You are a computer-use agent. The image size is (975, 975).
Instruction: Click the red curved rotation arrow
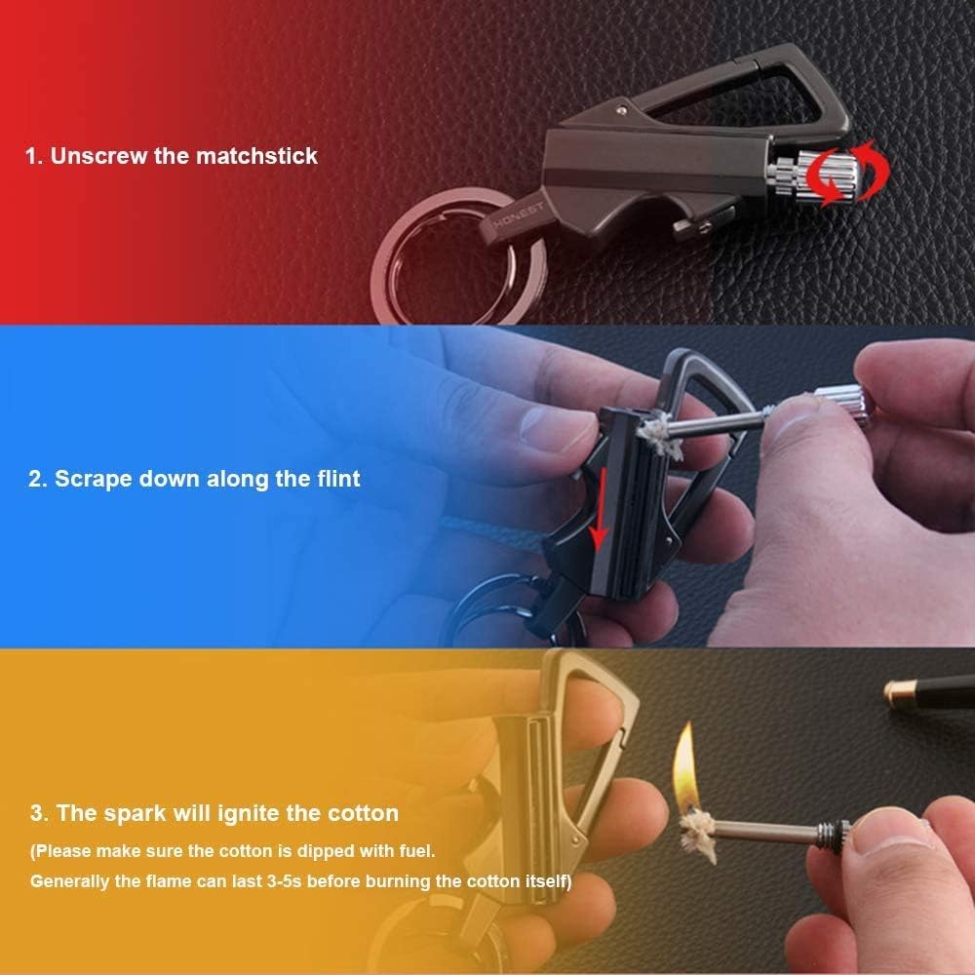[x=841, y=177]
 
